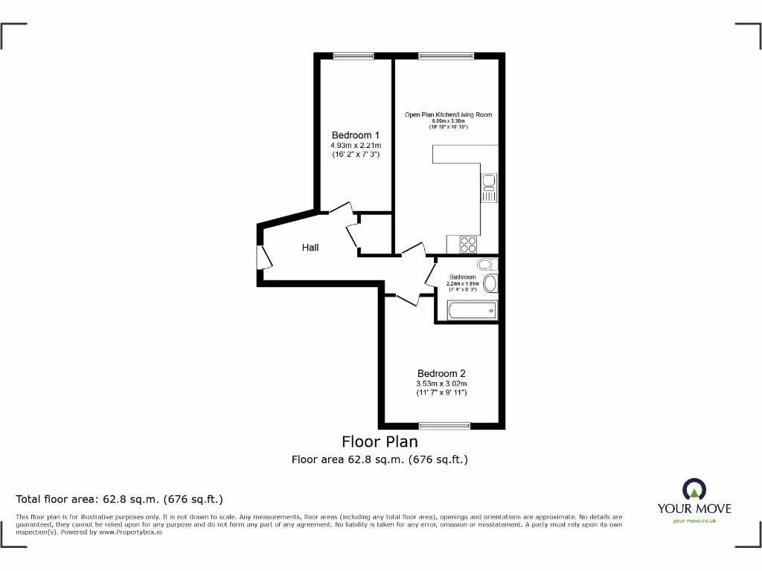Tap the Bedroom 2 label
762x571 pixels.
coord(441,373)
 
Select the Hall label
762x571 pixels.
coord(310,247)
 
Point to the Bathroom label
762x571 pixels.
coord(462,277)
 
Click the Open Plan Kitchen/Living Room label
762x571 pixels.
coord(448,114)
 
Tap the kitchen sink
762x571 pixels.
coord(489,187)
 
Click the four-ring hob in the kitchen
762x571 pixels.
coord(468,243)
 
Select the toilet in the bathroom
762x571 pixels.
coord(485,265)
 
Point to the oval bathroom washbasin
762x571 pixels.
coord(490,283)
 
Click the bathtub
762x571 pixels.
coord(472,310)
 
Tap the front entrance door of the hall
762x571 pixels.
coord(264,257)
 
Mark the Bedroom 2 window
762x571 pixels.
coord(445,425)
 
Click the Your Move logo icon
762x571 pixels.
coord(694,490)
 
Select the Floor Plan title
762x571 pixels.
coord(380,442)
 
